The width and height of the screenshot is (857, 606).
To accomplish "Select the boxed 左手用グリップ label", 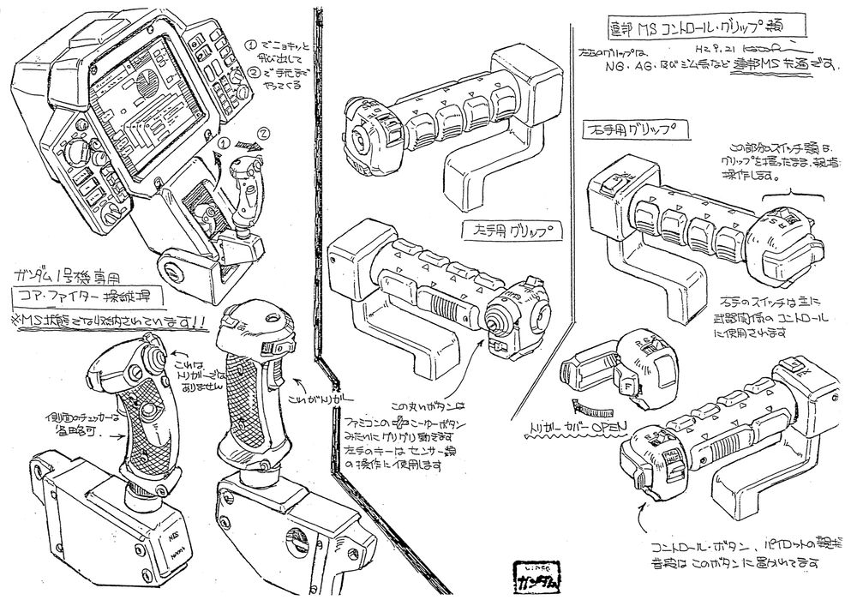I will pyautogui.click(x=506, y=231).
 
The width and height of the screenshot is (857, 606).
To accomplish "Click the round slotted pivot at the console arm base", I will pyautogui.click(x=175, y=272).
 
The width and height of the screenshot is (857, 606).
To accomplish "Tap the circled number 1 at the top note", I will pyautogui.click(x=250, y=43).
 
